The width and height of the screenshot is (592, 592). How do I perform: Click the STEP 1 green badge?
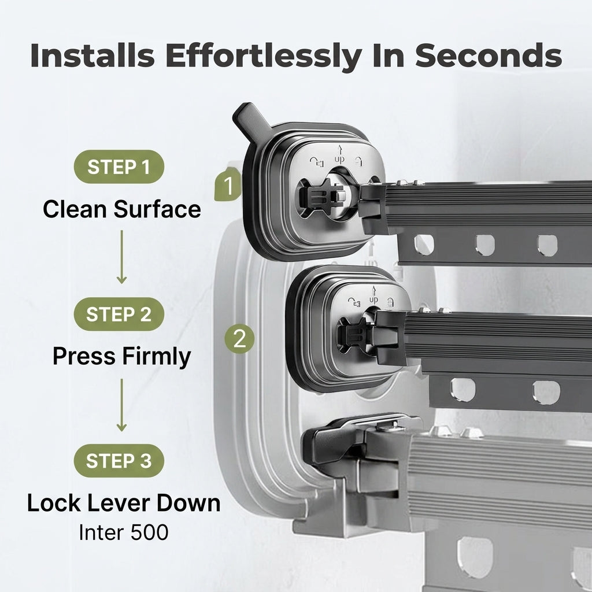[x=119, y=167]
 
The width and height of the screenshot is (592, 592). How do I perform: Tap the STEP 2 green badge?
[x=119, y=314]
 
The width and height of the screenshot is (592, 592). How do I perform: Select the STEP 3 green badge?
[x=119, y=461]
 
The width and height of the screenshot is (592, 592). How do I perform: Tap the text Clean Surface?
[x=121, y=209]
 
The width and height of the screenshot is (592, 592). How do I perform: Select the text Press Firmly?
[x=121, y=356]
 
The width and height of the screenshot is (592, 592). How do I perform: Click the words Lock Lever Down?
[x=124, y=503]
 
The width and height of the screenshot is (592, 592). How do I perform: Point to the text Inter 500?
[x=124, y=532]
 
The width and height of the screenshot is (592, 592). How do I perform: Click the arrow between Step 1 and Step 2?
[x=121, y=257]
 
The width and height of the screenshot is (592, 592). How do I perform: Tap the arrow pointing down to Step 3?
[x=121, y=405]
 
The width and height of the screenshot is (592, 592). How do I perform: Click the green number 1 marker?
[x=228, y=186]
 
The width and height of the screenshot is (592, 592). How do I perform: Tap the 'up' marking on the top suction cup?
[x=339, y=156]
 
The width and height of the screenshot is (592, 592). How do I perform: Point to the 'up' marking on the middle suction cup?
[x=373, y=297]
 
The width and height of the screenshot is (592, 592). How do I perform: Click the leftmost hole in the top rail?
[x=424, y=245]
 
